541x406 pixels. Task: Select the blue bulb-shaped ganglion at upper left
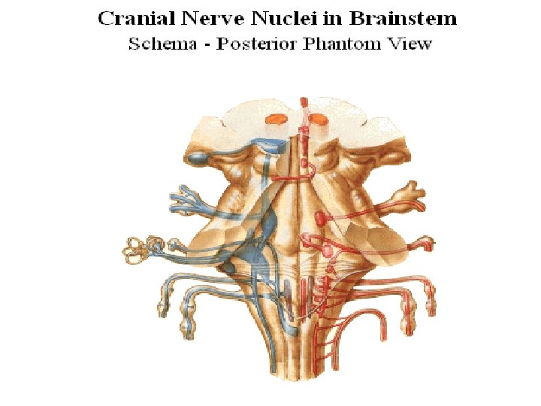pyautogui.click(x=199, y=157)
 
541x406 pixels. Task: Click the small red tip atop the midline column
pyautogui.click(x=303, y=101)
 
